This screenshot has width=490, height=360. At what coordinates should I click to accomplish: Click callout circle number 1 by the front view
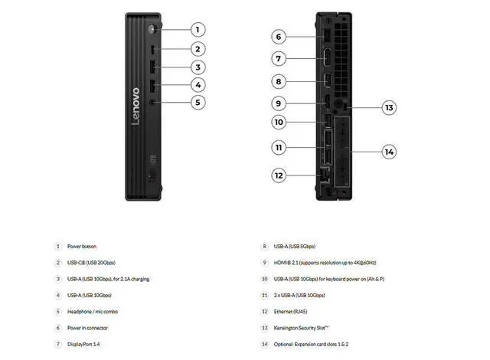pos(198,30)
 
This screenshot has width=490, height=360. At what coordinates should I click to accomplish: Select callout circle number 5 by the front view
pos(198,102)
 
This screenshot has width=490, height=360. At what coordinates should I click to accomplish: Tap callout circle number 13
pos(389,107)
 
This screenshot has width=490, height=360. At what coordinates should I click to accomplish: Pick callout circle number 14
pos(389,152)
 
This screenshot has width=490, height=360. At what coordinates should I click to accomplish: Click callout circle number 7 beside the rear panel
pos(279,57)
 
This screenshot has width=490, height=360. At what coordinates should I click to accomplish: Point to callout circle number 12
pos(279,175)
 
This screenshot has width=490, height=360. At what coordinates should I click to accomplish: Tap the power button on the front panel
pos(154,30)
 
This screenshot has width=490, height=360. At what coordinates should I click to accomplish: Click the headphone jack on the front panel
pos(154,102)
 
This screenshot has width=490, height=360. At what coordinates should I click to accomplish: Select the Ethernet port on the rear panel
pos(322,175)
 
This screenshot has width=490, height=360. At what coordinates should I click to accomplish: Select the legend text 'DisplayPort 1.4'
pos(83,345)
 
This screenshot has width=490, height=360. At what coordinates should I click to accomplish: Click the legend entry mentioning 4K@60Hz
pos(325,263)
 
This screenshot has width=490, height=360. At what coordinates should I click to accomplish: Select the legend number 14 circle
pos(264,345)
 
